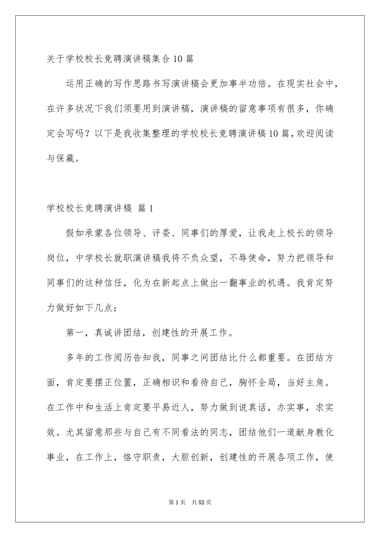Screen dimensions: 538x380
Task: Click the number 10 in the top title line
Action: [177, 59]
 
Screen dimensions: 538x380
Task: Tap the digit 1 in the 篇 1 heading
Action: [151, 209]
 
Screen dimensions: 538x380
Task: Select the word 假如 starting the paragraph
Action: [75, 234]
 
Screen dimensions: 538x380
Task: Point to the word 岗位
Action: [56, 259]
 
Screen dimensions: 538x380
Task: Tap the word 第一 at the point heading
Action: [75, 333]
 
